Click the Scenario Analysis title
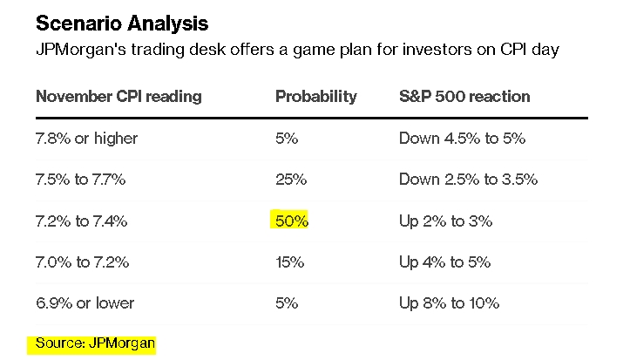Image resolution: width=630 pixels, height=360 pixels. click(x=122, y=24)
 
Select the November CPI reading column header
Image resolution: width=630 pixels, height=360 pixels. click(x=119, y=97)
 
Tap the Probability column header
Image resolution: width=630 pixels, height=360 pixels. click(x=316, y=97)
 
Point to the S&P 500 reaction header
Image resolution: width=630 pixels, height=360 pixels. click(x=464, y=97)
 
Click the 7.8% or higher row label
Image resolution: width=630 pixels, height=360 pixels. click(x=87, y=139)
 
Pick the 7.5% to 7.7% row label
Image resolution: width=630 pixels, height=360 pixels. click(x=81, y=180)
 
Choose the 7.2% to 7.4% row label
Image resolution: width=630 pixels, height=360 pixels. click(x=82, y=221)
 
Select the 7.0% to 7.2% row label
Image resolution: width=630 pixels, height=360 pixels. click(x=83, y=262)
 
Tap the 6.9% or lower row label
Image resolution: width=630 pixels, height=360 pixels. click(x=85, y=303)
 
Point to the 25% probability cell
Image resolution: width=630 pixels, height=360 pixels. click(x=291, y=180)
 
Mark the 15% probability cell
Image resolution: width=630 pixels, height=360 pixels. click(x=289, y=262)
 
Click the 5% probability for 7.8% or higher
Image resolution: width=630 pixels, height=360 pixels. click(x=287, y=139)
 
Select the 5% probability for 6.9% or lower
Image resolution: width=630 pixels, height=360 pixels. click(x=287, y=303)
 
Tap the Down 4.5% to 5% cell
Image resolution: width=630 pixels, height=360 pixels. click(x=463, y=139)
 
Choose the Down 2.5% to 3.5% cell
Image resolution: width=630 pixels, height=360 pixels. click(x=469, y=180)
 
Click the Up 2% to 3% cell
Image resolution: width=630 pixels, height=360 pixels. click(x=446, y=221)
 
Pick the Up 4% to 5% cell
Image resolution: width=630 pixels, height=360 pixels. click(x=445, y=262)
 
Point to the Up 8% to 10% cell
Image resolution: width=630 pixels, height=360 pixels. click(x=450, y=303)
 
